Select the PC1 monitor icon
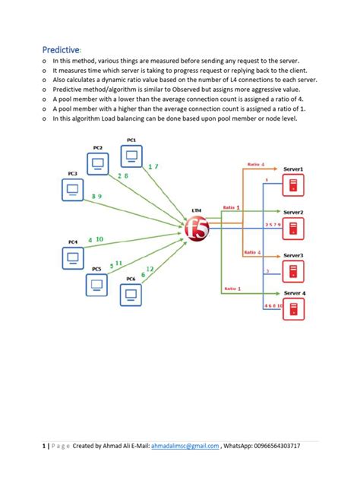(x=131, y=157)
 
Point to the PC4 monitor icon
(x=74, y=257)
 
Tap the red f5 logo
(x=197, y=229)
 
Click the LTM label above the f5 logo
(x=198, y=210)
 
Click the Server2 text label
(x=293, y=212)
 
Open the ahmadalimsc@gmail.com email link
(x=185, y=446)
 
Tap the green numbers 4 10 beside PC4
(x=95, y=239)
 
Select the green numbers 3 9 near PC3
(x=96, y=197)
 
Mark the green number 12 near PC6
(x=150, y=268)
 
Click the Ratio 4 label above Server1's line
(x=255, y=164)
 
